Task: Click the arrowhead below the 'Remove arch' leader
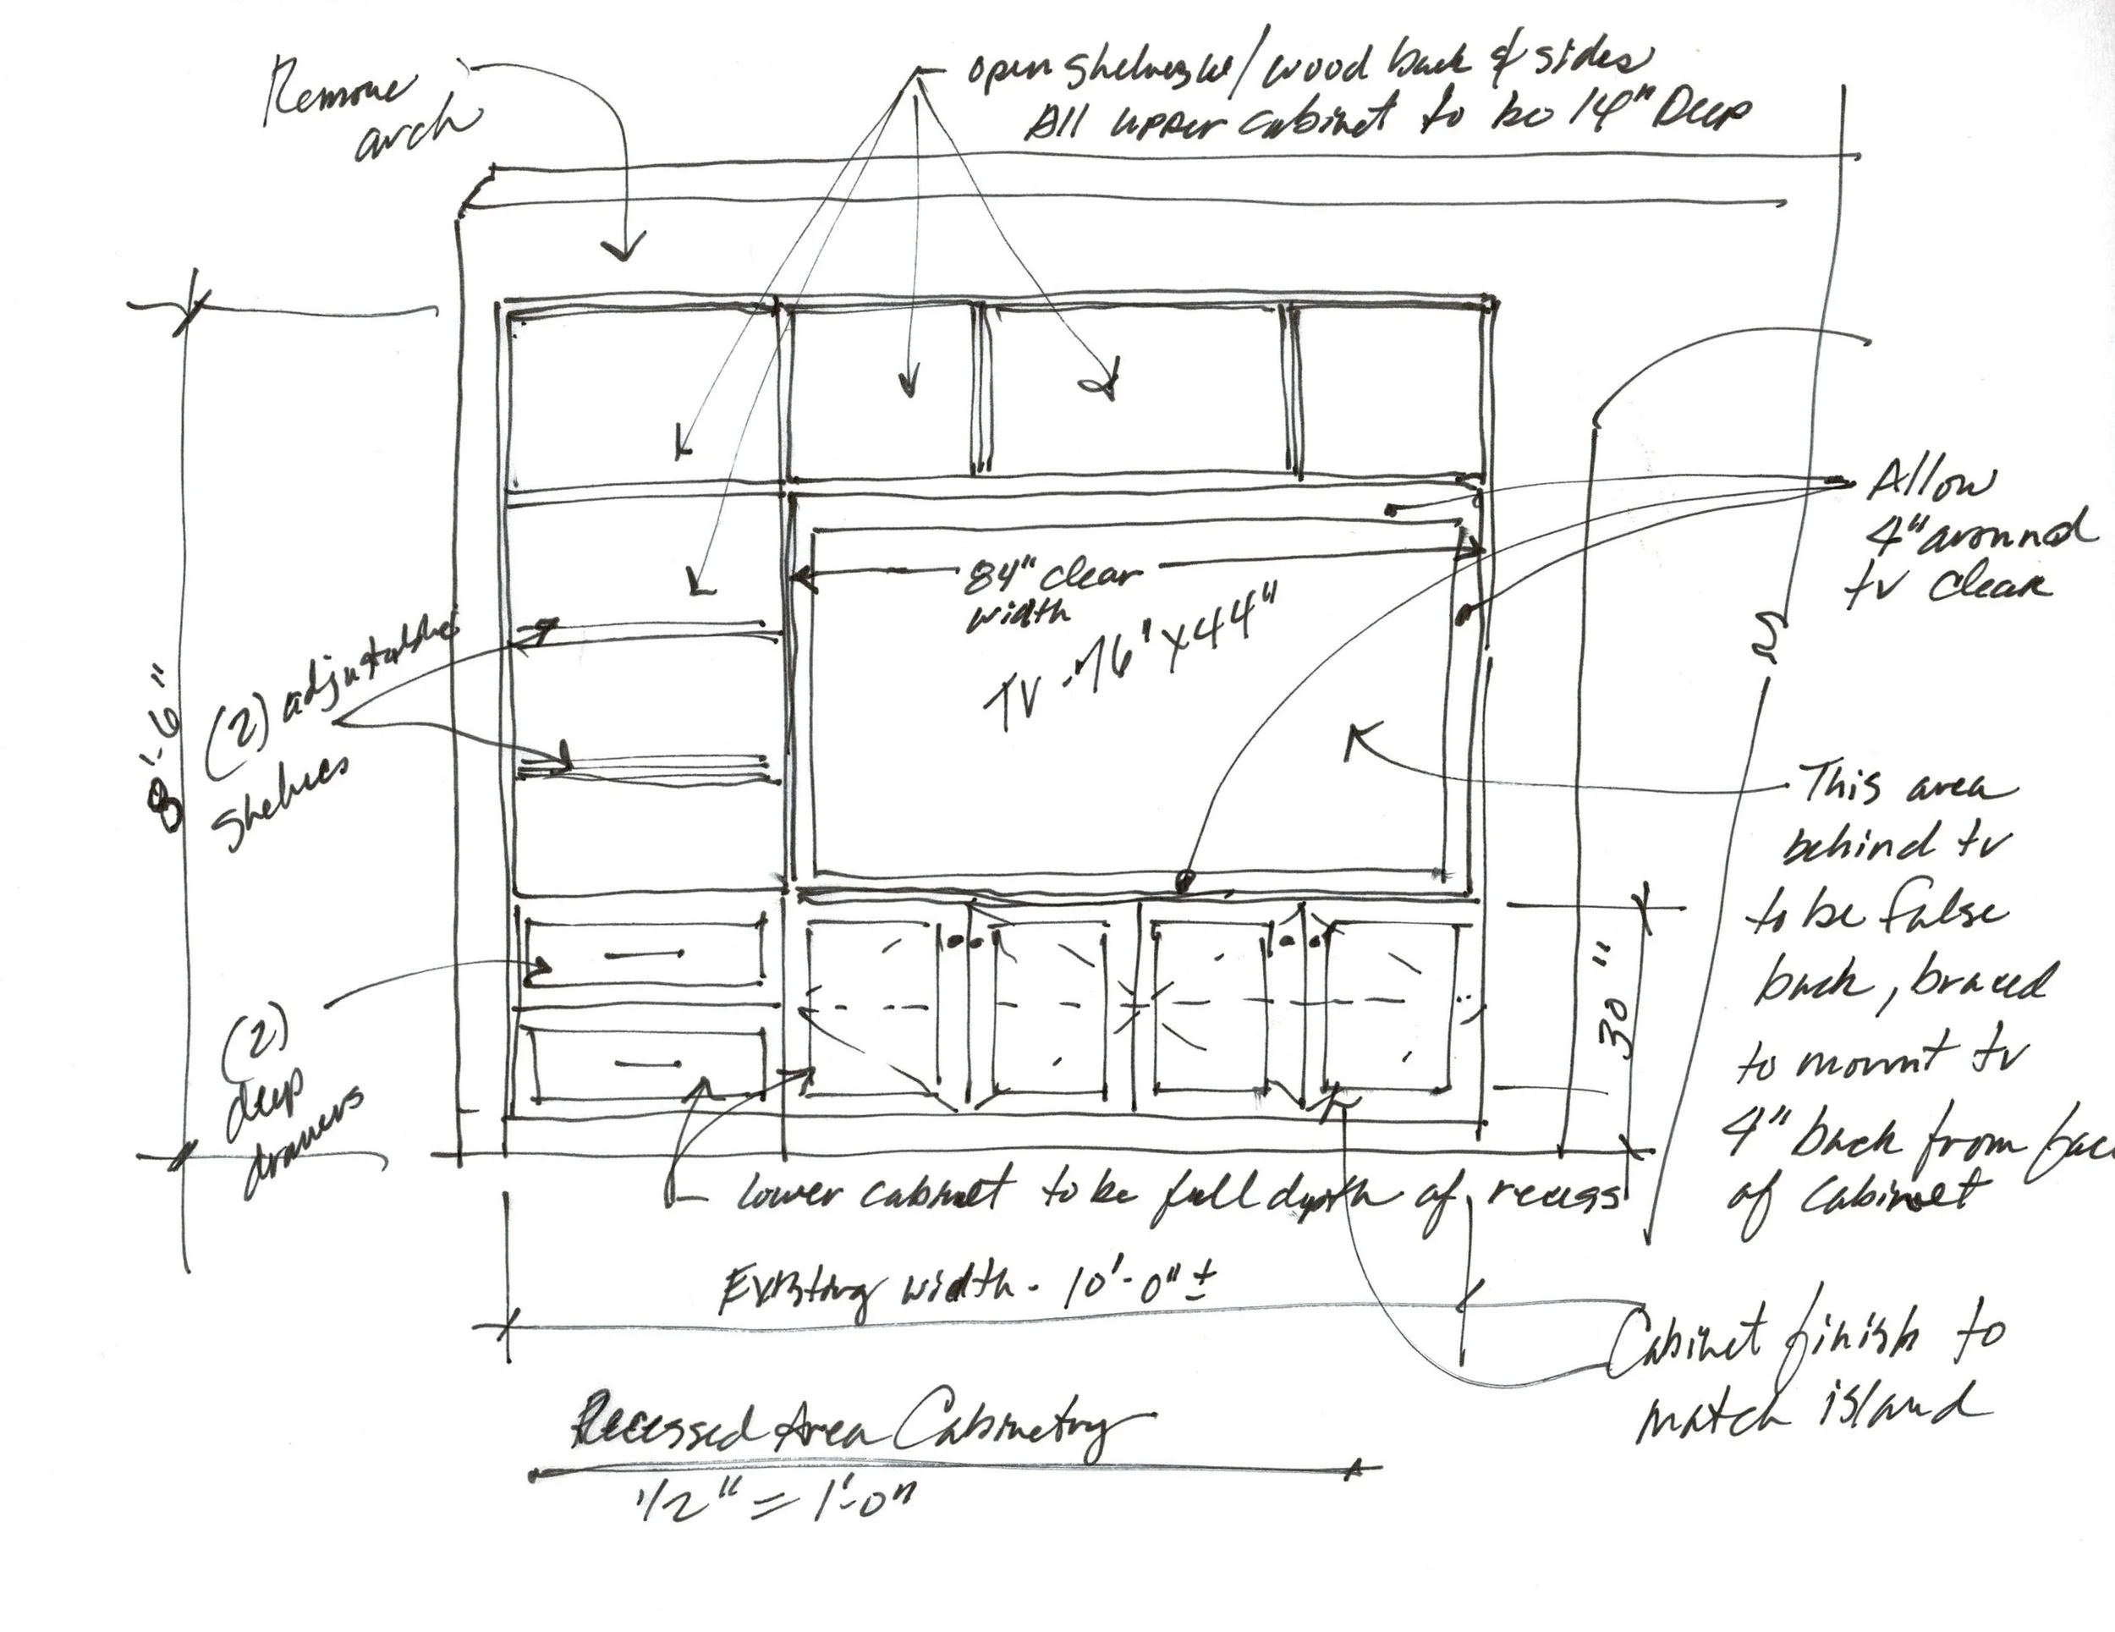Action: (x=623, y=250)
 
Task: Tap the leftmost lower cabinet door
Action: (x=871, y=1008)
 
